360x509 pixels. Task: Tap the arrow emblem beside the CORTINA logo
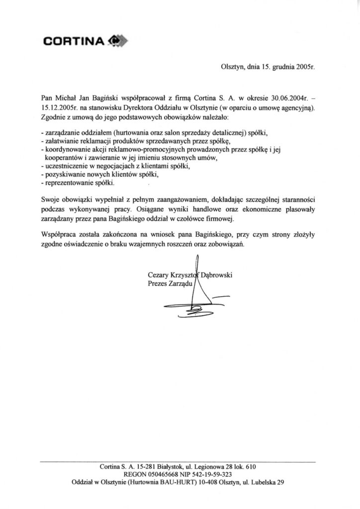pos(115,42)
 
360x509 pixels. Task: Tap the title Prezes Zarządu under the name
pos(171,282)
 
